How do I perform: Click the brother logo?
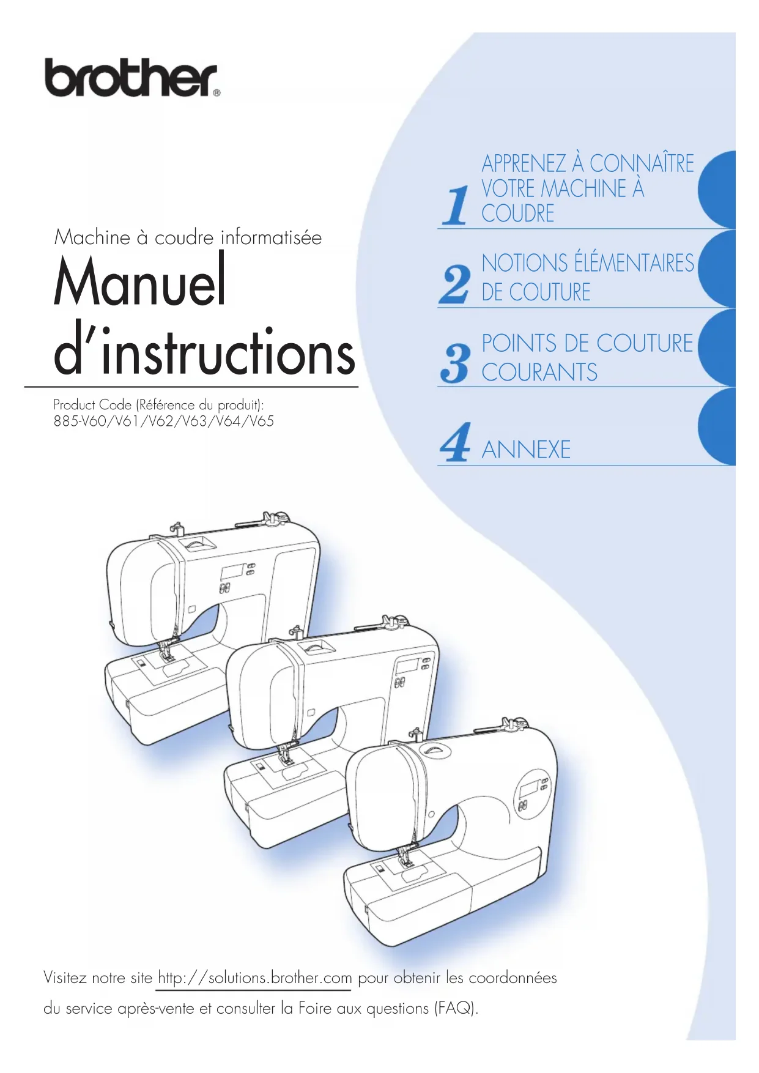(x=131, y=78)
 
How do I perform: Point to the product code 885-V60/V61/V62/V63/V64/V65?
(x=163, y=421)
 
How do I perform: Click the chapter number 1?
(x=455, y=206)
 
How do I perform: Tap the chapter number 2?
(x=455, y=284)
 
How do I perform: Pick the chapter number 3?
(x=455, y=363)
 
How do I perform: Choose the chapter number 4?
(x=455, y=442)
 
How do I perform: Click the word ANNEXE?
(x=526, y=450)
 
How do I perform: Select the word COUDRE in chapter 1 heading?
(x=517, y=213)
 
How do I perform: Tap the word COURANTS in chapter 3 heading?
(x=539, y=372)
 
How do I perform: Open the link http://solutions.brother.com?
(x=254, y=978)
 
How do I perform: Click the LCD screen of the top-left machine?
(x=232, y=572)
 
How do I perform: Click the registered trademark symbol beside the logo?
(x=217, y=93)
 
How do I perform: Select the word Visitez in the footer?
(x=65, y=978)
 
